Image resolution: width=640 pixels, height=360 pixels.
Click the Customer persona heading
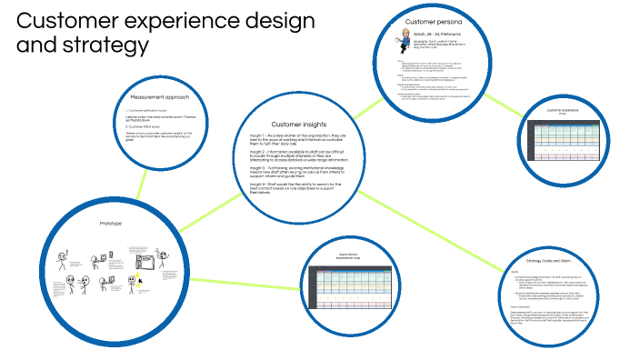tap(435, 20)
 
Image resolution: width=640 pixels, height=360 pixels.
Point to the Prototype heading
tap(109, 223)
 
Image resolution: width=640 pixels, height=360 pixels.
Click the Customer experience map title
tap(570, 112)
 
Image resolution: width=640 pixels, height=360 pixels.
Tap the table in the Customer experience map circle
tap(570, 137)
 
